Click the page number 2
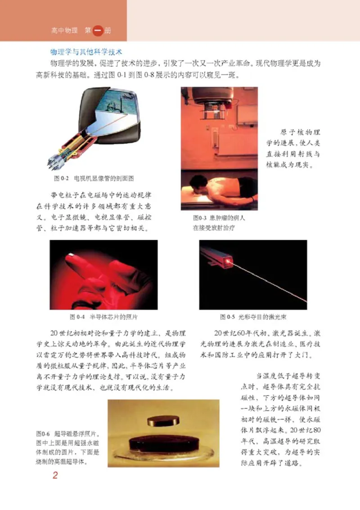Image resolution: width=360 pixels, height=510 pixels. point(55,476)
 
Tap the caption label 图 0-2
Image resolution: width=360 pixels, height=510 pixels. point(60,178)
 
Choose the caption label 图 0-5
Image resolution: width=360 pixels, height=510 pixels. point(228,317)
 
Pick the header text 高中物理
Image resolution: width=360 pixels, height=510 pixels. point(65,31)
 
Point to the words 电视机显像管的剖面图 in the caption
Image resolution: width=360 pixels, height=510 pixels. point(104,178)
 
